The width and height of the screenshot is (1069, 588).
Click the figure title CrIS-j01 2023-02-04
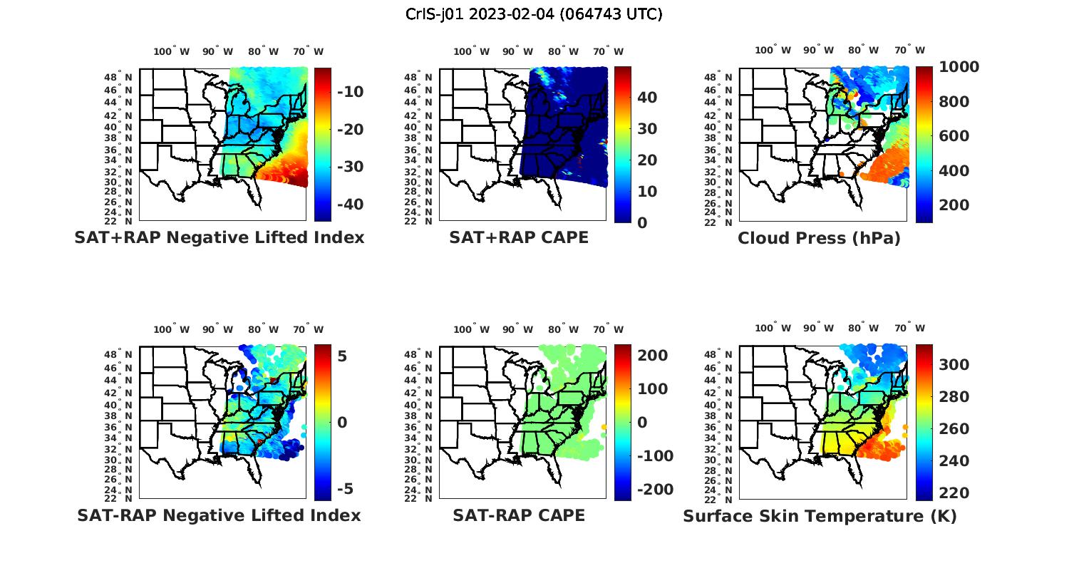point(534,14)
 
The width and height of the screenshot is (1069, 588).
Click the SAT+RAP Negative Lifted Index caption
point(219,237)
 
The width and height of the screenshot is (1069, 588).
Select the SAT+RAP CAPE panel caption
point(519,237)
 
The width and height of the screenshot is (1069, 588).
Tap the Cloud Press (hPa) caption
point(819,238)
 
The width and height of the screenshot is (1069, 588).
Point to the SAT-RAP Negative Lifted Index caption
point(219,515)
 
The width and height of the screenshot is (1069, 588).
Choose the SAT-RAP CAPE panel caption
point(519,515)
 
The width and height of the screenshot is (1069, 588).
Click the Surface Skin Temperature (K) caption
point(820,516)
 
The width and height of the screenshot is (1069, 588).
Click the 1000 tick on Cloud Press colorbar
point(959,67)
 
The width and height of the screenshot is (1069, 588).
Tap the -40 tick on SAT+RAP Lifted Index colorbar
point(351,205)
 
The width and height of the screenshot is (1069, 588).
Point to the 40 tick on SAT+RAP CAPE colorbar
point(646,98)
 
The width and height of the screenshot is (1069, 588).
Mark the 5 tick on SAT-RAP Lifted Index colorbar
point(342,356)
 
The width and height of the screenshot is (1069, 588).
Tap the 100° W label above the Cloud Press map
point(773,50)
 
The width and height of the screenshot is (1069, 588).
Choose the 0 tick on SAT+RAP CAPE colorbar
point(642,223)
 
